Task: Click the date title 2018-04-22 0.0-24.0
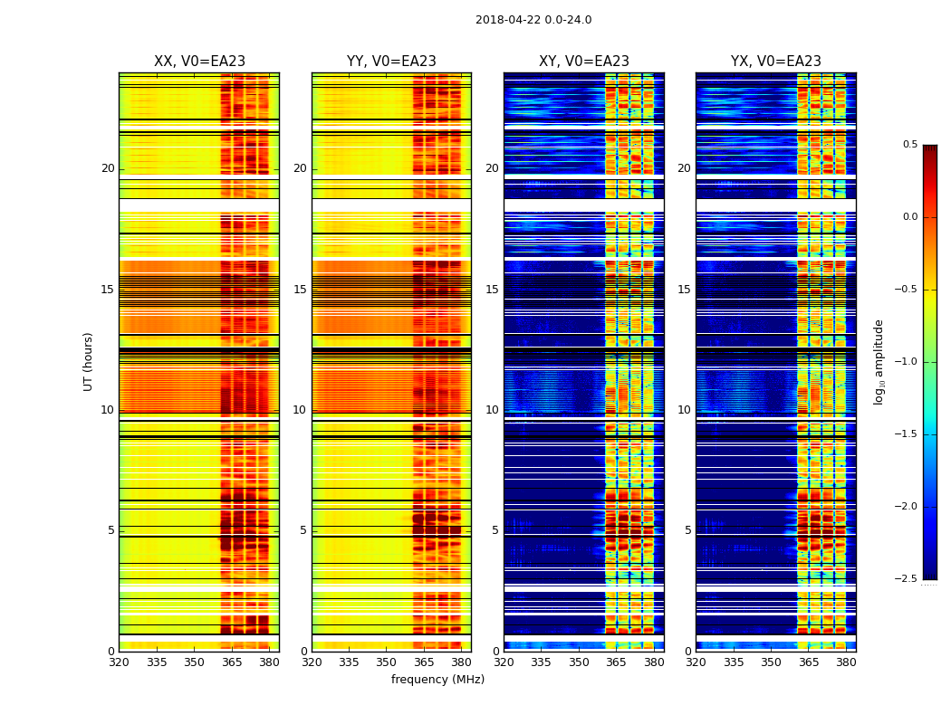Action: tap(533, 20)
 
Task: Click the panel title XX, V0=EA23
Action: tap(199, 62)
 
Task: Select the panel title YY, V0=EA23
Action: tap(391, 62)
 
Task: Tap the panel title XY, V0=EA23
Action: tap(584, 62)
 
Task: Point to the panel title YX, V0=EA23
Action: tap(776, 62)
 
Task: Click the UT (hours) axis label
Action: tap(89, 361)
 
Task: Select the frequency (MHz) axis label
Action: tap(437, 680)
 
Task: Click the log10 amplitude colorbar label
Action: tap(879, 361)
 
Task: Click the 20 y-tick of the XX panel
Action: tap(108, 168)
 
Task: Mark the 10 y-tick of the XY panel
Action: tap(492, 410)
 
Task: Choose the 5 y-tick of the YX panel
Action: tap(687, 530)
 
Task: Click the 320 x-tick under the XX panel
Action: tap(119, 662)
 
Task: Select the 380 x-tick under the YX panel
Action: tap(846, 662)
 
